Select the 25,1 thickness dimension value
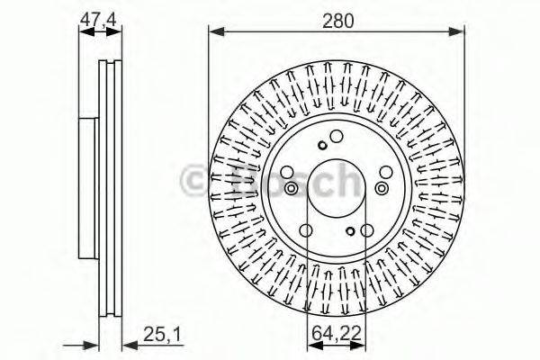(163, 335)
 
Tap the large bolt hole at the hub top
(337, 137)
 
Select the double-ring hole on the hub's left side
(291, 188)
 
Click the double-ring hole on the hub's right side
(383, 188)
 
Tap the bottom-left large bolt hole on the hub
(306, 230)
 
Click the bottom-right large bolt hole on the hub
(368, 230)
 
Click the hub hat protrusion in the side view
(86, 184)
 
